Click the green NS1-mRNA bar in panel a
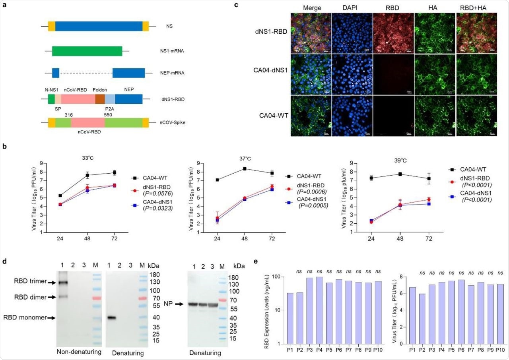pos(87,51)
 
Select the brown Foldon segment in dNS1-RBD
pos(100,99)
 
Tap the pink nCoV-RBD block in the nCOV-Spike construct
pos(87,122)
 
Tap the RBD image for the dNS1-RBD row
pos(393,33)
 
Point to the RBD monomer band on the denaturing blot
pos(112,318)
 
